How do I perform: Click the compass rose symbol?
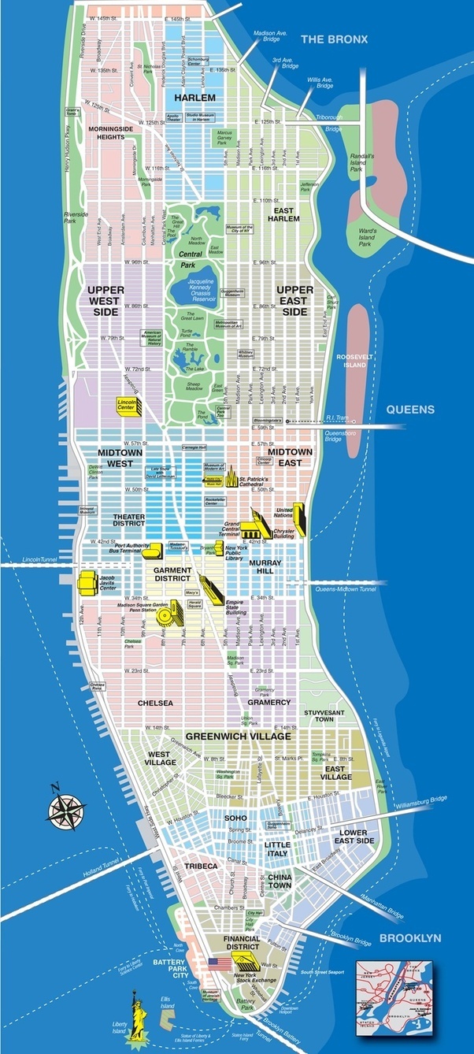66,807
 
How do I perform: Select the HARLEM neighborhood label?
194,97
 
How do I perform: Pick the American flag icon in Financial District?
220,963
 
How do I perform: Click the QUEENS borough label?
409,409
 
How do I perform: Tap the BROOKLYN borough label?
409,937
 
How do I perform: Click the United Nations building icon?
299,520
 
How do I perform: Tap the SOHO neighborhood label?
235,818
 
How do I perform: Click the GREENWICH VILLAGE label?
238,736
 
